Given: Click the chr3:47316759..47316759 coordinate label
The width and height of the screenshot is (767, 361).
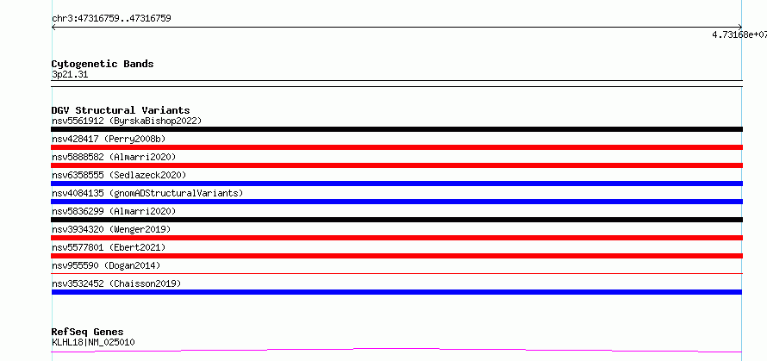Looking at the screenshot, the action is tap(111, 19).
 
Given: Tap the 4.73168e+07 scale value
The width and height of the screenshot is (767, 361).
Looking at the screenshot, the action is tap(739, 34).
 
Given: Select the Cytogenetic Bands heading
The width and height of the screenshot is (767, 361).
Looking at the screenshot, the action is tap(103, 64).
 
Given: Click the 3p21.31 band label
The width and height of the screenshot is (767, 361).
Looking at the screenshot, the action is tap(70, 75).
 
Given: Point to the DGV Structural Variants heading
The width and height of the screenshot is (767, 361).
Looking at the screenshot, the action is tap(121, 110).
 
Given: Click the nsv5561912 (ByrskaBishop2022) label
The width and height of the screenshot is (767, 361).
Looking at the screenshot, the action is tap(127, 121).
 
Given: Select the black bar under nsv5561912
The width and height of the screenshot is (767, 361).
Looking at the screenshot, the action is tap(396, 129).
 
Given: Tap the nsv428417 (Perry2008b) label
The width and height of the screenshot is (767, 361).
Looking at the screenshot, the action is tap(109, 139).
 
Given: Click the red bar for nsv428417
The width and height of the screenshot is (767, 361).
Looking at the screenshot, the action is tap(396, 147).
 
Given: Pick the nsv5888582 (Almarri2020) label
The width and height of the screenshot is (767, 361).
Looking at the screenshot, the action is tap(114, 157).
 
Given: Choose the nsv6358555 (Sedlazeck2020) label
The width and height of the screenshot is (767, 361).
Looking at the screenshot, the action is tap(119, 175).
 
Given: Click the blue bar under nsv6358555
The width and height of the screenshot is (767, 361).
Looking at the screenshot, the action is tap(396, 184).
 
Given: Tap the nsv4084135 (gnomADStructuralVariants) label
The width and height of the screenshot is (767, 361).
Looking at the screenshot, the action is tap(147, 193).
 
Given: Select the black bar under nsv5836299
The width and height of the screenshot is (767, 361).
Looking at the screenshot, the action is tap(396, 220).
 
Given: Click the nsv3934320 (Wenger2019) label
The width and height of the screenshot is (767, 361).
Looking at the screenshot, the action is tap(111, 229).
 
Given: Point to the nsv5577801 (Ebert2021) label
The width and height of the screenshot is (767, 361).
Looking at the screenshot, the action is tap(109, 247).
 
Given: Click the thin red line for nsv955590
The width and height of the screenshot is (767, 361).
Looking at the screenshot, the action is tap(396, 273).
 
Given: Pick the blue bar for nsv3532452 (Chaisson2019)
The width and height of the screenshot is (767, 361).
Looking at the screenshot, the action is tap(396, 292).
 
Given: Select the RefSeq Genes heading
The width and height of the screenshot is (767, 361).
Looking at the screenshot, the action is tap(88, 333).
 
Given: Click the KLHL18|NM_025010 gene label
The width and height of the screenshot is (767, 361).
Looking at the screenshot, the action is tap(93, 342).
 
